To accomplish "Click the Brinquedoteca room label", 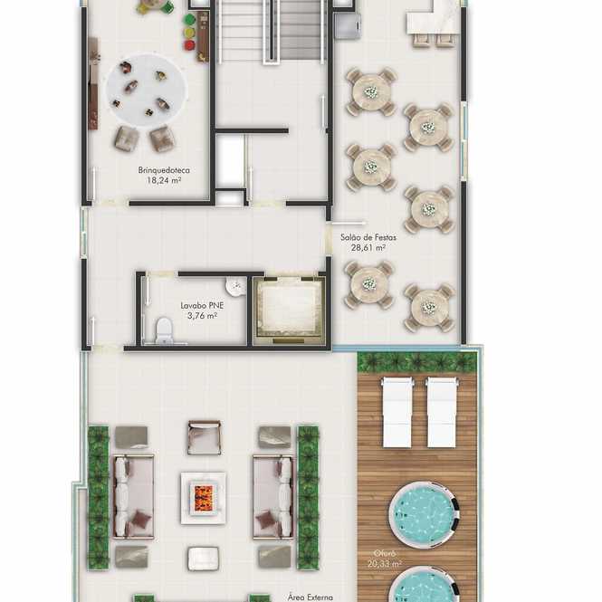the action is [164, 170].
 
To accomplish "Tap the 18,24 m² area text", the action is [164, 180].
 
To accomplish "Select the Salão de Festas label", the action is [368, 237].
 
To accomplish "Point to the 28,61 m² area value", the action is [368, 248].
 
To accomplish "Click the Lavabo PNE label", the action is [202, 306].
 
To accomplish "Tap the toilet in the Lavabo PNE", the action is [164, 330].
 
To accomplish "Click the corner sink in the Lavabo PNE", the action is [235, 286].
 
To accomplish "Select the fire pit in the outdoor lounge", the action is [203, 498].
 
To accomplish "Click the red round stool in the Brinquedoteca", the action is [190, 45].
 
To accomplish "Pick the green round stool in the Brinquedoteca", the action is [190, 19].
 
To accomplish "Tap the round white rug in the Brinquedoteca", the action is [147, 90].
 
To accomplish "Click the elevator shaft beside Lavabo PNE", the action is [289, 311].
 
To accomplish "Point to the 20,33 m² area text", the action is [385, 564].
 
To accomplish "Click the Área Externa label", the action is [311, 597].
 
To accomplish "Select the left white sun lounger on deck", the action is [397, 412].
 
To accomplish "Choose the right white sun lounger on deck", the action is [442, 412].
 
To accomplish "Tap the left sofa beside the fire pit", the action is [133, 497].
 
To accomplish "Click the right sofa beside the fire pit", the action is [273, 497].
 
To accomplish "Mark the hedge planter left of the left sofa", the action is [99, 497].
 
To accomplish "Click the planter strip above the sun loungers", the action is [417, 362].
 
